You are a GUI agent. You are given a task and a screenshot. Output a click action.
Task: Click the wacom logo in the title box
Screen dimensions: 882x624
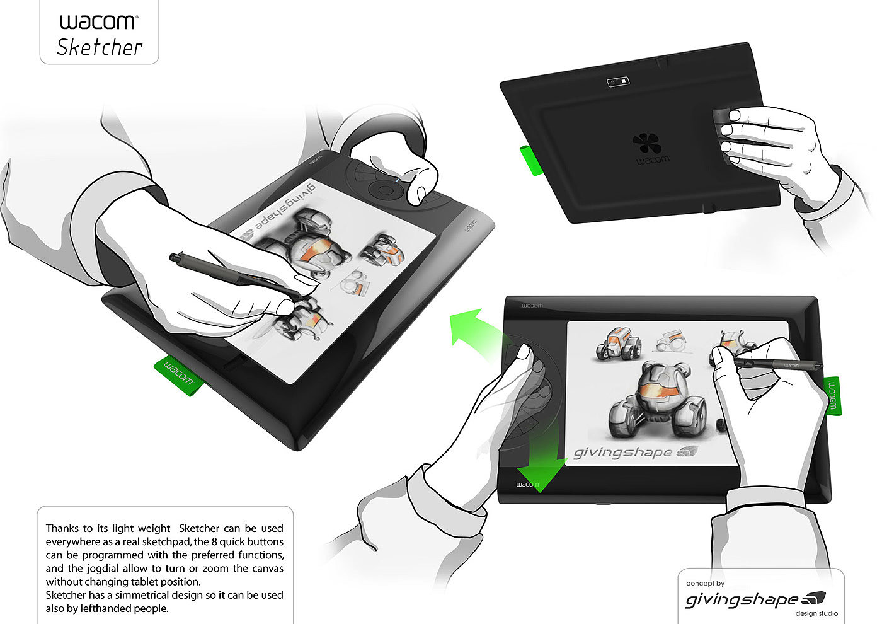pyautogui.click(x=99, y=22)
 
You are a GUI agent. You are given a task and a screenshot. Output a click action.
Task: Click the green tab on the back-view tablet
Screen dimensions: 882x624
pyautogui.click(x=531, y=160)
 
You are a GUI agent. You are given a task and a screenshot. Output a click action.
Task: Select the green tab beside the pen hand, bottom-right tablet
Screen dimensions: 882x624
pyautogui.click(x=832, y=396)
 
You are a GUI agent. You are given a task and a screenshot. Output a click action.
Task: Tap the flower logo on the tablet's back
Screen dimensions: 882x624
pyautogui.click(x=646, y=144)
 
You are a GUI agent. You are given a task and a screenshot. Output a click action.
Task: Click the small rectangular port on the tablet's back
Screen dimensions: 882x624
pyautogui.click(x=618, y=82)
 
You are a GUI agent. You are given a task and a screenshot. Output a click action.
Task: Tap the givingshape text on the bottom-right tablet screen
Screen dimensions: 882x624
pyautogui.click(x=622, y=453)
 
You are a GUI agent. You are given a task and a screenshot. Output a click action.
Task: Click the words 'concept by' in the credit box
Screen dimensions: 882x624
pyautogui.click(x=705, y=583)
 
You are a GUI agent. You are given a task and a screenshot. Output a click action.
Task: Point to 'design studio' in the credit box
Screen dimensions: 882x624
pyautogui.click(x=816, y=613)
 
